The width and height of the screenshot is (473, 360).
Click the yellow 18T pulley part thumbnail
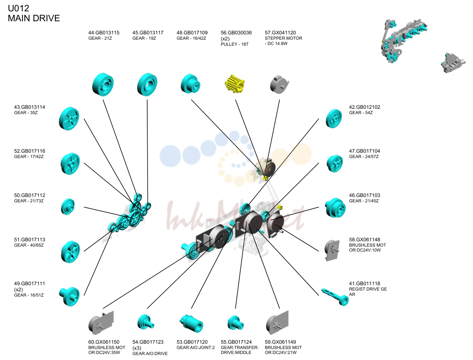click(x=235, y=84)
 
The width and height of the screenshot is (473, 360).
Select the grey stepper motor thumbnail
click(x=279, y=84)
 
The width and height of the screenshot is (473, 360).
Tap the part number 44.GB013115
click(x=104, y=33)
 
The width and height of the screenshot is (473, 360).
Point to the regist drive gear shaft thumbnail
click(x=335, y=297)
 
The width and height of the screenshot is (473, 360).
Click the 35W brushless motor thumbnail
click(x=101, y=322)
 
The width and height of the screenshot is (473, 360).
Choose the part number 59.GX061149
click(x=280, y=342)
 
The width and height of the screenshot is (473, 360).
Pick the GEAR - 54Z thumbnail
click(x=334, y=119)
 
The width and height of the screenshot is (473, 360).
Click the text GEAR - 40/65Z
click(x=29, y=245)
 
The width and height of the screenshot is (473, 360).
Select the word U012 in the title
click(x=18, y=9)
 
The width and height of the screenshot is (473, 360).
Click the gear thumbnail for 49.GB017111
click(x=69, y=297)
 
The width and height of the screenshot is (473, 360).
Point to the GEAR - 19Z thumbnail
click(x=147, y=84)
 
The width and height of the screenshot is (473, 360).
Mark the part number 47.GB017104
click(x=364, y=151)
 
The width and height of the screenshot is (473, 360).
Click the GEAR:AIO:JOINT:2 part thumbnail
click(x=191, y=324)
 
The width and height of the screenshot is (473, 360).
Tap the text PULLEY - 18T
click(x=234, y=44)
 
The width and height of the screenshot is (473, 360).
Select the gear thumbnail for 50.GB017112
click(x=68, y=207)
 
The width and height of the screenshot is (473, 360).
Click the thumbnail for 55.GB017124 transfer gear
click(x=235, y=323)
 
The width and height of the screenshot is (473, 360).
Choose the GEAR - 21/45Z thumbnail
click(x=335, y=208)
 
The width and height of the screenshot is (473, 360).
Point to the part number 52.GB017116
click(x=29, y=151)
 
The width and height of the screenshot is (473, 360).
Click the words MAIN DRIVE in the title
click(x=34, y=18)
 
